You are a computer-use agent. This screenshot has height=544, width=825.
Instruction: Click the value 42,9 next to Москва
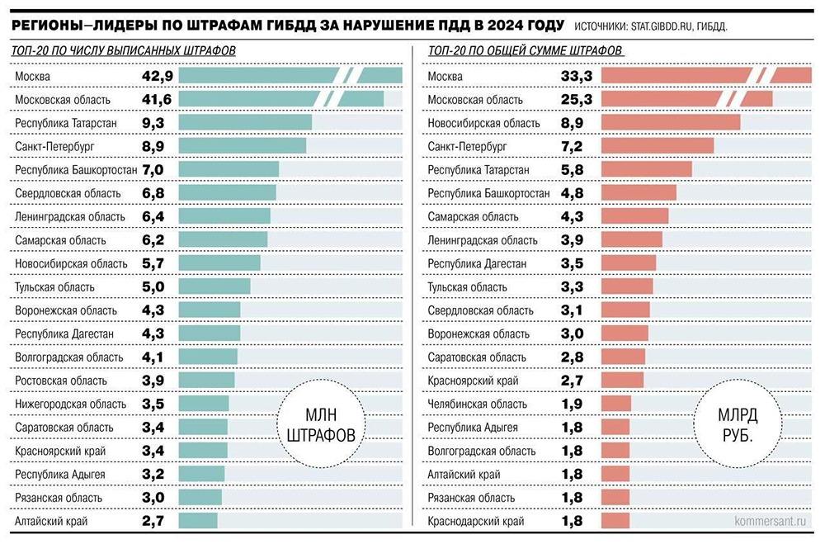point(157,76)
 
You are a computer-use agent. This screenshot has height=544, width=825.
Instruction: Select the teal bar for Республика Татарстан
point(245,122)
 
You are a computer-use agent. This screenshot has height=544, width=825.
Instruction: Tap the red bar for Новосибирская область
point(671,122)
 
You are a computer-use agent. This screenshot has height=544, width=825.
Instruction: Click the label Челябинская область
point(477,404)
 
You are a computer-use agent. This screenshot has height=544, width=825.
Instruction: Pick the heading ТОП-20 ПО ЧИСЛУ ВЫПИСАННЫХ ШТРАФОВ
point(125,51)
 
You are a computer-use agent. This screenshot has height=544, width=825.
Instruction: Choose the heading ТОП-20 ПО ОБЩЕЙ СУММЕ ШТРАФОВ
point(526,51)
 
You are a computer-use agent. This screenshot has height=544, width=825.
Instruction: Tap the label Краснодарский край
point(476,522)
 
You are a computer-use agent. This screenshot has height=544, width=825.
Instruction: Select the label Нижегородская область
point(71,404)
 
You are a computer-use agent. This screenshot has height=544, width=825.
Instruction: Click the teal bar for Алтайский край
point(198,521)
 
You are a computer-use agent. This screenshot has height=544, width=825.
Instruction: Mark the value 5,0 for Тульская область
point(157,286)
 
